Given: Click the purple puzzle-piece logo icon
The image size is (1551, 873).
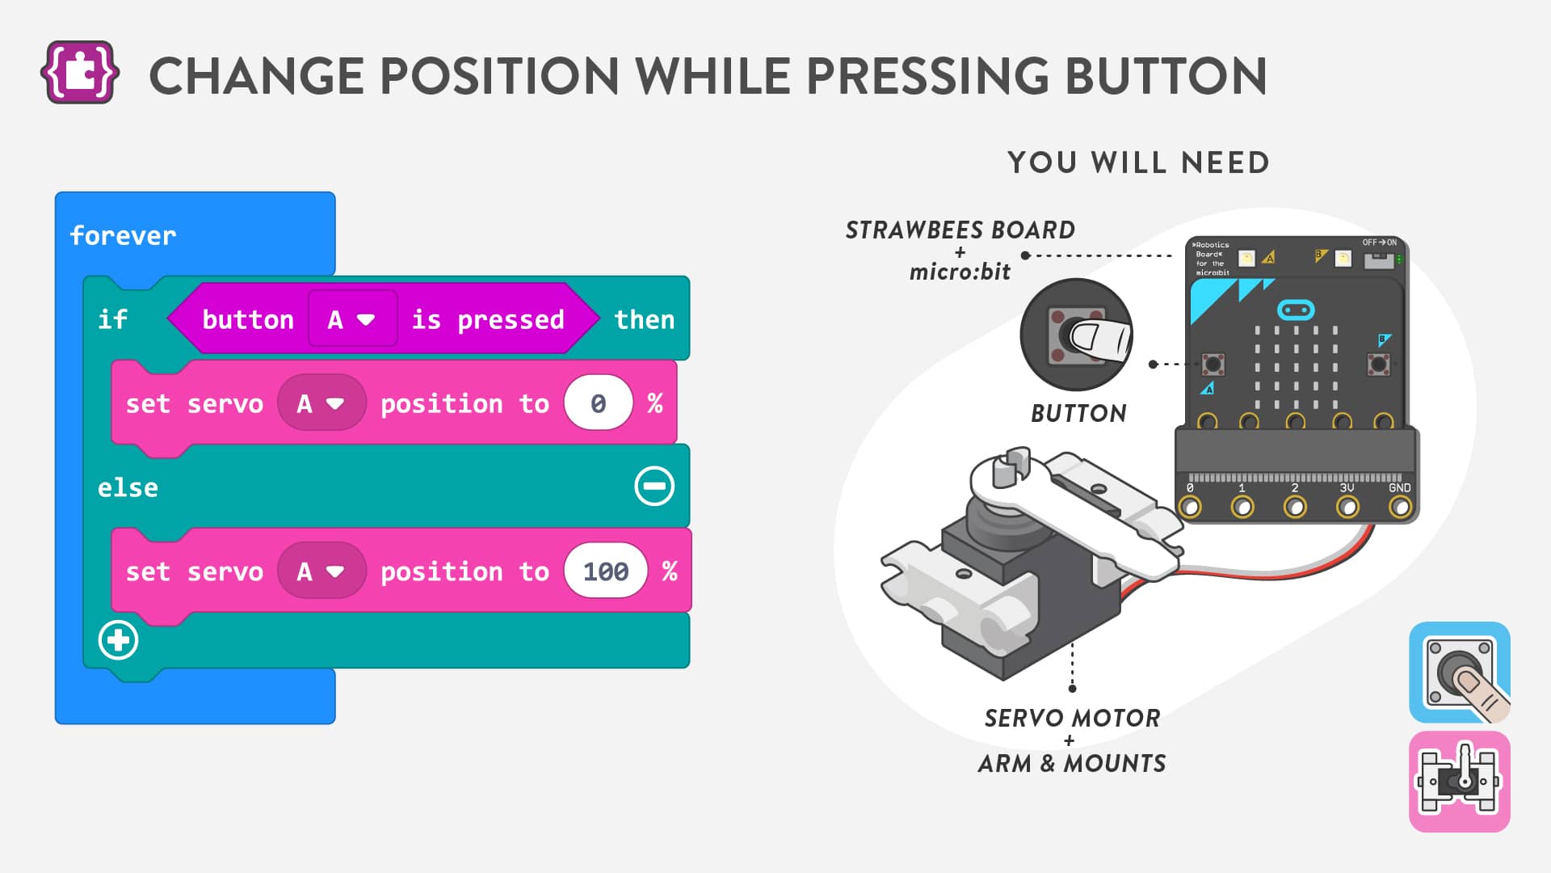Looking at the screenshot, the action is pos(80,73).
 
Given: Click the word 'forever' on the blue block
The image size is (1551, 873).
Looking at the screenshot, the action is pos(123,235).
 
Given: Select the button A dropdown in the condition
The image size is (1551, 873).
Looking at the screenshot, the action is pos(352,319).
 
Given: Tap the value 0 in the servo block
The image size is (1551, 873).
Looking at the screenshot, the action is pos(598,403).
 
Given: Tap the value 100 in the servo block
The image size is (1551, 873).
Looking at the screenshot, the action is pos(606,571).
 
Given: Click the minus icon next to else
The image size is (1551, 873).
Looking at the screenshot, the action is pos(654,486).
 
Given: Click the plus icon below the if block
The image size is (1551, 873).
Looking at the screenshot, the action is pos(118,640).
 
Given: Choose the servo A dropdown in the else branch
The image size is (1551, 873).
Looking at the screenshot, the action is pos(322,571).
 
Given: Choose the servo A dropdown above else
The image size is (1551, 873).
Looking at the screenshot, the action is pos(322,403).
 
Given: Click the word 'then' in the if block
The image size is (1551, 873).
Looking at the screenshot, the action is pos(644,319).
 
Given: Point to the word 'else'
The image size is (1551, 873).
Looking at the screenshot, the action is pos(128,487).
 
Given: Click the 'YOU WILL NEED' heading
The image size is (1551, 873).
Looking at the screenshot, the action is pos(1138,162).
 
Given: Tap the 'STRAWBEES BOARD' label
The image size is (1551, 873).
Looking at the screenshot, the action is pos(960,230).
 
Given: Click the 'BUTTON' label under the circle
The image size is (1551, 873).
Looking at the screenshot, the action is pos(1078,413).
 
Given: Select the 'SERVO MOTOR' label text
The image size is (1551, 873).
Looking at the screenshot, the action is pos(1072,718).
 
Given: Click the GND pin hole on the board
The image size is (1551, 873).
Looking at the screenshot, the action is pos(1400,507).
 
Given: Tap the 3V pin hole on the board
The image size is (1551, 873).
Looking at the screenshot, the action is pos(1347,507).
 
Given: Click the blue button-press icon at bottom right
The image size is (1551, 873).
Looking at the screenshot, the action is pos(1460,672).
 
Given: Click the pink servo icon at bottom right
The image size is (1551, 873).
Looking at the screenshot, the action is pos(1460,782).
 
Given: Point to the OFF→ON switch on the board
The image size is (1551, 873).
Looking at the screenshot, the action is pos(1378,259).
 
